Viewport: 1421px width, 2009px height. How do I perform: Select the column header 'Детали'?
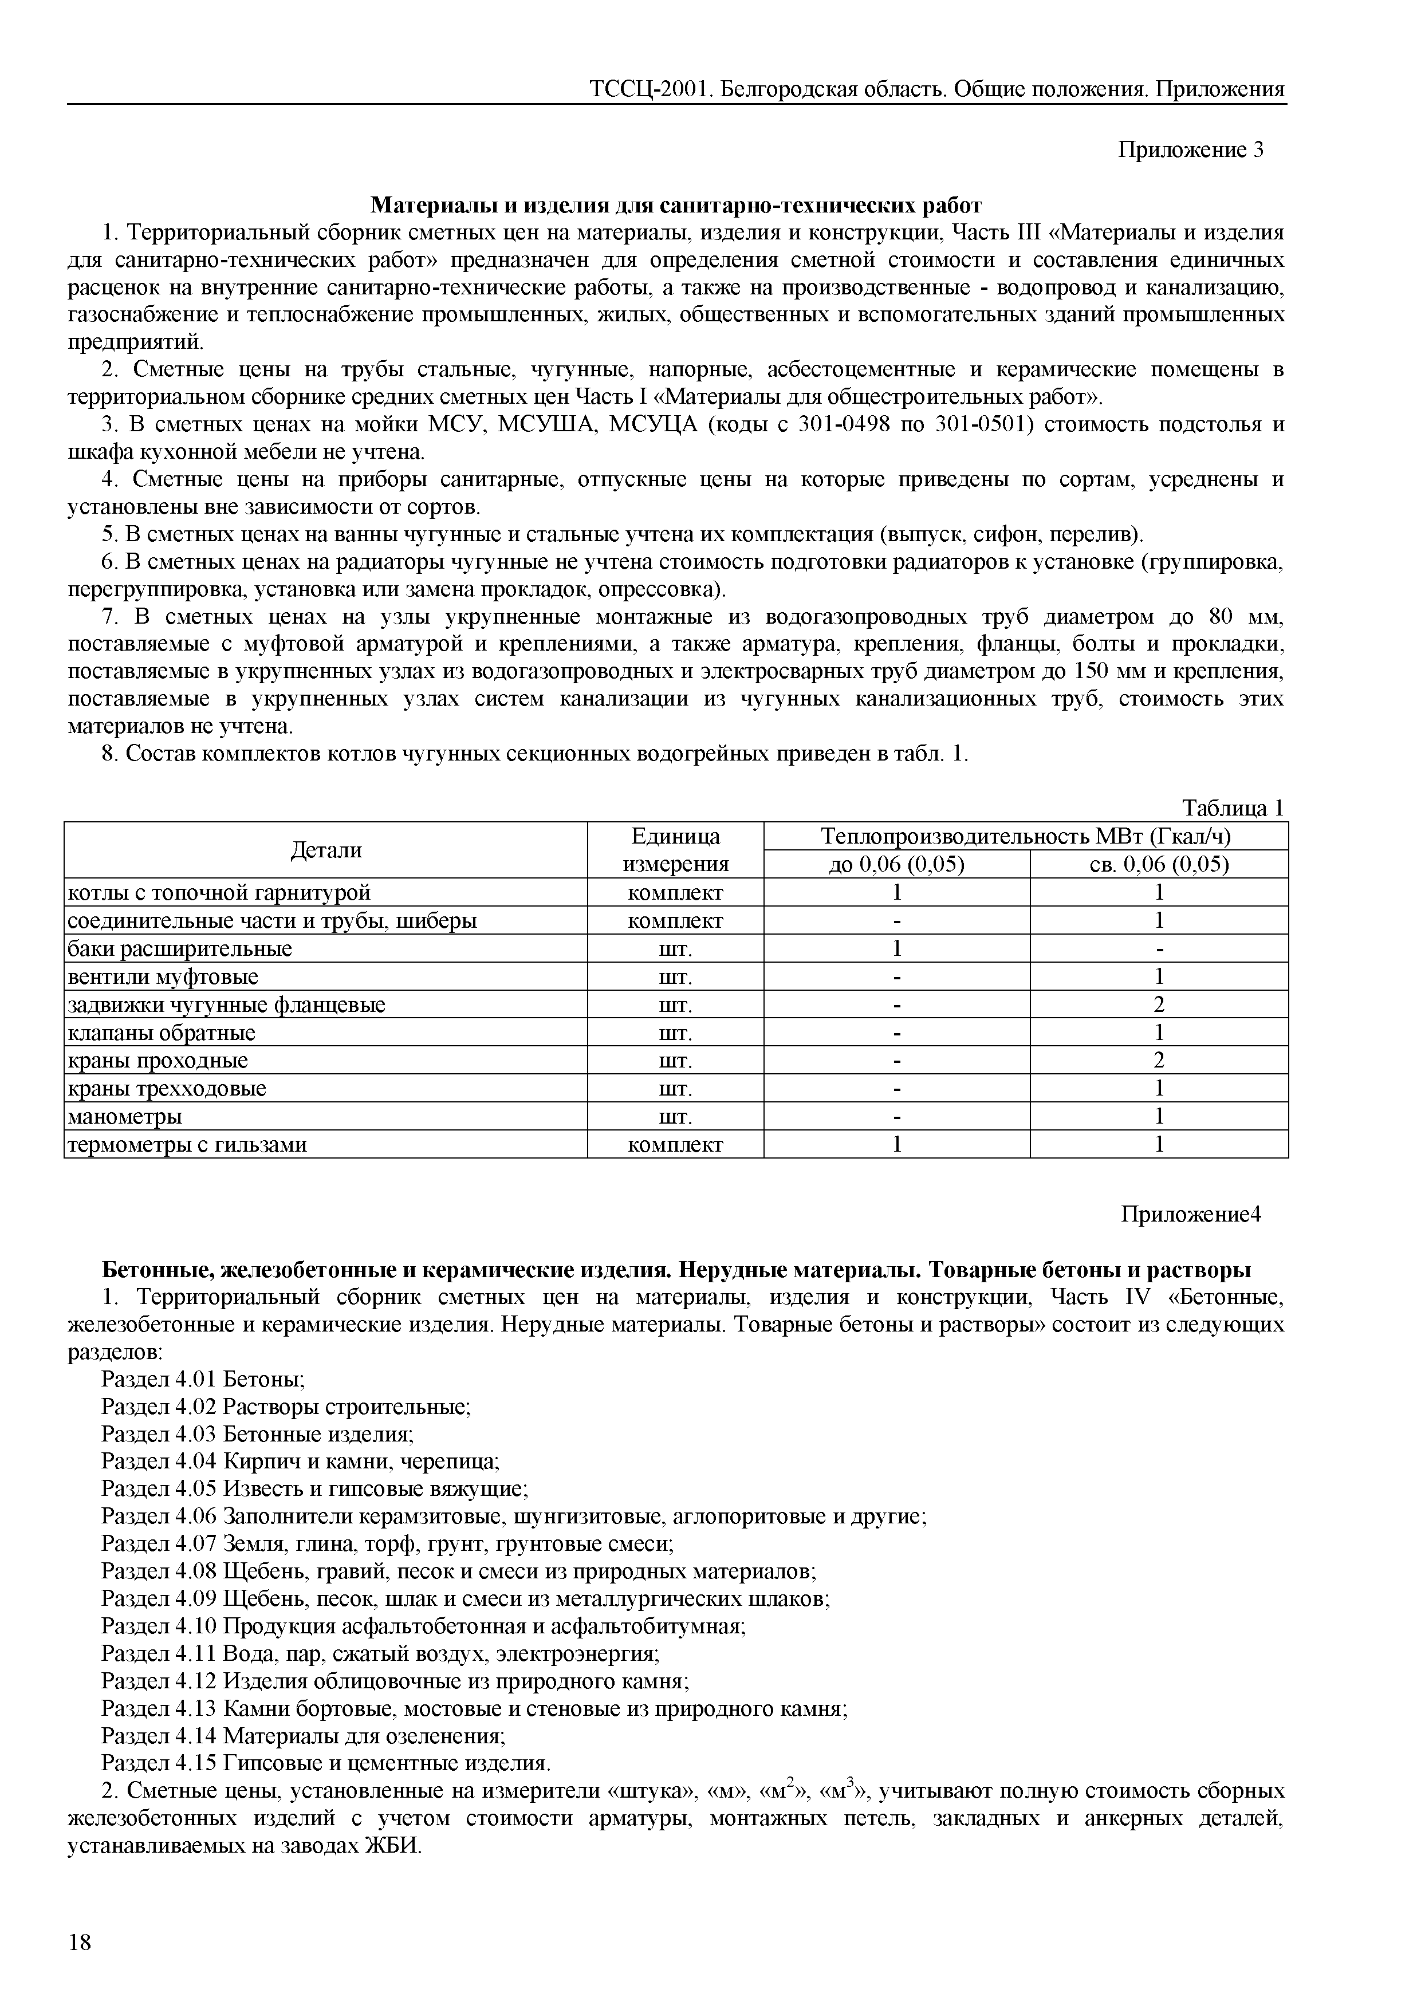325,850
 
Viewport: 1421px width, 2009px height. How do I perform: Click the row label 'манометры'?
125,1117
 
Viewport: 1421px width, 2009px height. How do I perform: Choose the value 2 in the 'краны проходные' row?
1159,1061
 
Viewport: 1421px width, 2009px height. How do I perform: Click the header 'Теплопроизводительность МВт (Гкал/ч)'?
1025,837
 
